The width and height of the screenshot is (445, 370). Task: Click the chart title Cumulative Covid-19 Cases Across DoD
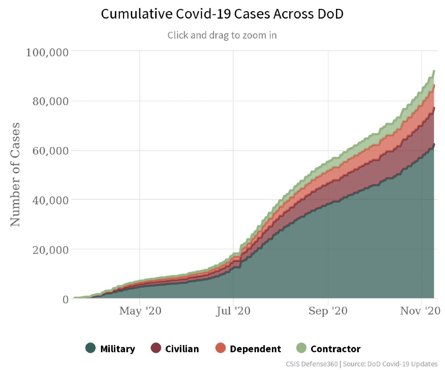[222, 14]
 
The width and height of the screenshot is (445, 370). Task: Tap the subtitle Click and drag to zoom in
[222, 35]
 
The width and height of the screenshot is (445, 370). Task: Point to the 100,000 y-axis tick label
[47, 52]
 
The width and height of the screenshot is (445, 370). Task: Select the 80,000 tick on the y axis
[50, 101]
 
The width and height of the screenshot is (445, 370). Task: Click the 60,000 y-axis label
[50, 151]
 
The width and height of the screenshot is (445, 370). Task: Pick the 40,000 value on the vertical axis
[50, 200]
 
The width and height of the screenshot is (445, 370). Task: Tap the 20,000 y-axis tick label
[50, 250]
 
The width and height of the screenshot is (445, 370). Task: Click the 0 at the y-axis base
[65, 299]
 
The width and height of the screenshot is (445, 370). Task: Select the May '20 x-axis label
[140, 311]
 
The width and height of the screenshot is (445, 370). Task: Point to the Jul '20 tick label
[234, 311]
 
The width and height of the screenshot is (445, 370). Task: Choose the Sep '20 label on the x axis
[328, 311]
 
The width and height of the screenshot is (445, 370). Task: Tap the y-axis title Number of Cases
[16, 174]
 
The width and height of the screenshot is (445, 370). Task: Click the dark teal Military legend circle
[90, 348]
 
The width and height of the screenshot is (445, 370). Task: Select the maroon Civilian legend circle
[156, 348]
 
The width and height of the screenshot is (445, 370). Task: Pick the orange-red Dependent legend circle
[220, 348]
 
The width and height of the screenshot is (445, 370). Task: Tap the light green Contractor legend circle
[301, 348]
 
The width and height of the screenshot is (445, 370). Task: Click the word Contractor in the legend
[336, 349]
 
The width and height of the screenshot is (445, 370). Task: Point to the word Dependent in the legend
[255, 349]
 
